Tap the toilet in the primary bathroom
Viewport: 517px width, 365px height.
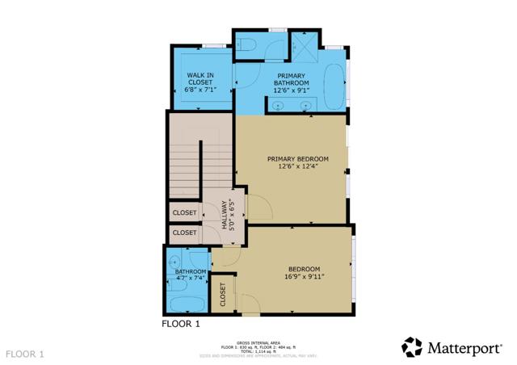249,43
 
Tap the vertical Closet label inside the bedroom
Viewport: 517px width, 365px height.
222,296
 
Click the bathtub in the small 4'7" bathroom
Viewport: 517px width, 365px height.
184,305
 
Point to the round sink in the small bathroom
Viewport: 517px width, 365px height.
174,260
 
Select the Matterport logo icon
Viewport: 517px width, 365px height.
412,347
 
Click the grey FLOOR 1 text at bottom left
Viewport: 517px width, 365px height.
25,354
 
